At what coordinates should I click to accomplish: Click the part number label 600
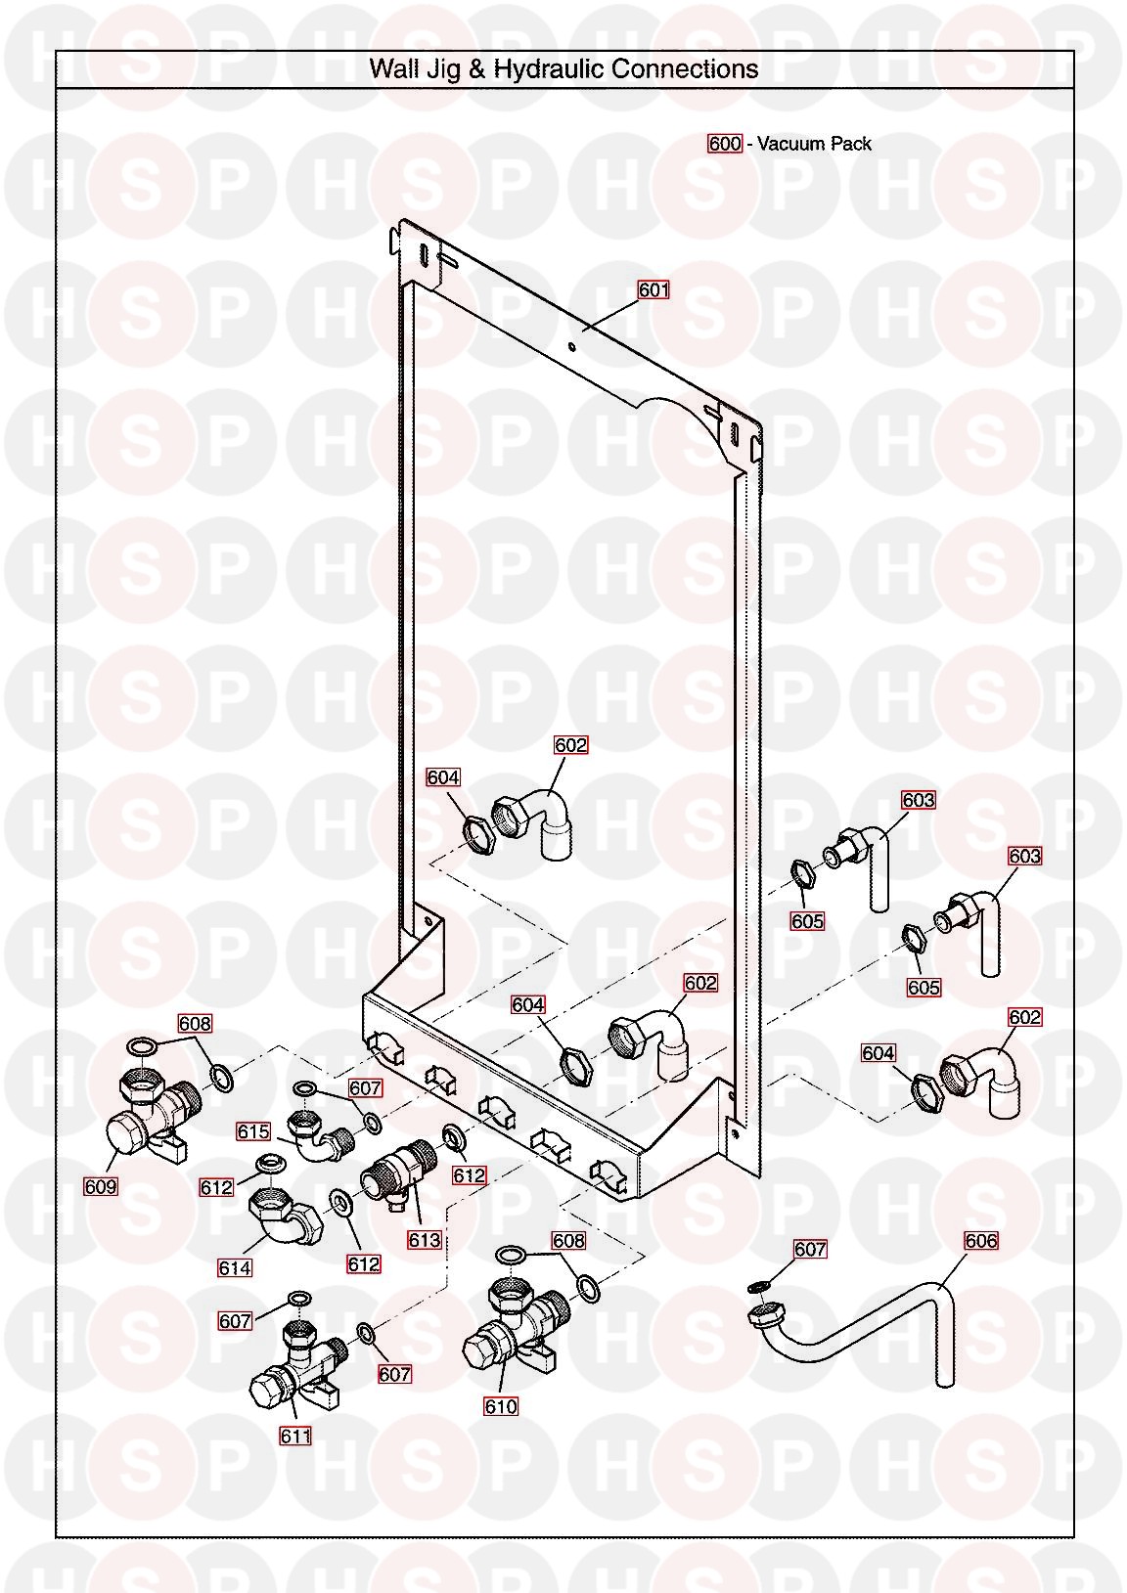click(724, 144)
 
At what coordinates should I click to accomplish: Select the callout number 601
click(654, 290)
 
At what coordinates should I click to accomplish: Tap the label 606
click(980, 1241)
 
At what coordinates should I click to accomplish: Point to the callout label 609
click(101, 1186)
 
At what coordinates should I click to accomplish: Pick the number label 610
click(500, 1406)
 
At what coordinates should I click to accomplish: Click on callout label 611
click(295, 1437)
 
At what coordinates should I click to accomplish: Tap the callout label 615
click(253, 1130)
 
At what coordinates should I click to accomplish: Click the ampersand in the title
click(477, 69)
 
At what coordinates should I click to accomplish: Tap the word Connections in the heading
click(685, 69)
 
